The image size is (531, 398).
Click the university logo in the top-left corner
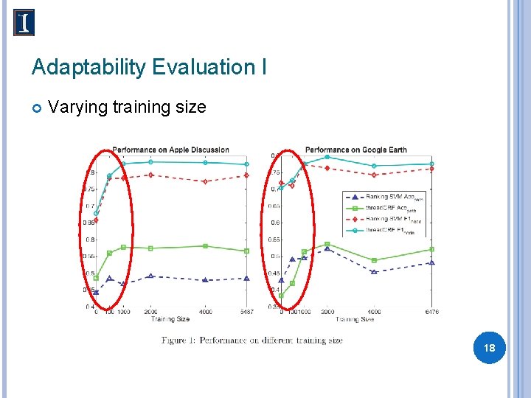pos(24,23)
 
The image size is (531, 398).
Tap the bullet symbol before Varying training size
pos(36,108)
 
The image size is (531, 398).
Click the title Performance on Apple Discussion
pos(170,150)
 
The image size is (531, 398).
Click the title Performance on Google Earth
pos(355,150)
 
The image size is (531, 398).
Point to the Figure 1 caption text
pos(252,340)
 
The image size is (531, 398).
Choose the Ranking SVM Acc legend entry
pos(383,197)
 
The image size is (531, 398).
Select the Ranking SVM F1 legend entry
pos(383,219)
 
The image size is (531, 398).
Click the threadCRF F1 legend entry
pos(383,230)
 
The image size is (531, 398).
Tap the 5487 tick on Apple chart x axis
pos(246,312)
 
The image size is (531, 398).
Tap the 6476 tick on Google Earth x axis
pos(431,312)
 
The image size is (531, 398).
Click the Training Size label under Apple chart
pos(170,319)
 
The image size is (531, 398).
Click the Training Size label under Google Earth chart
pos(355,319)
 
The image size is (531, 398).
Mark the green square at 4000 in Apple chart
pos(206,246)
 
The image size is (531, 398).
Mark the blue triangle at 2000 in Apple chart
pos(150,276)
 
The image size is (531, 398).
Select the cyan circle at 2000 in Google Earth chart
pos(327,157)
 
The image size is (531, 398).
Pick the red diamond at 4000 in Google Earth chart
pos(374,175)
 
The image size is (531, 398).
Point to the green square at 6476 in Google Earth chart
pos(431,249)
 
